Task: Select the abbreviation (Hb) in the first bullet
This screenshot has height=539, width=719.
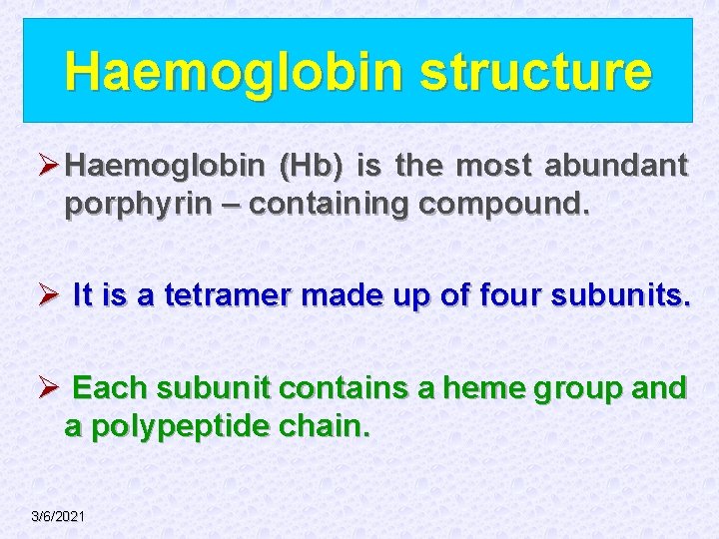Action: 311,166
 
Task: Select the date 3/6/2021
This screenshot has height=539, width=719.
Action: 58,516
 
